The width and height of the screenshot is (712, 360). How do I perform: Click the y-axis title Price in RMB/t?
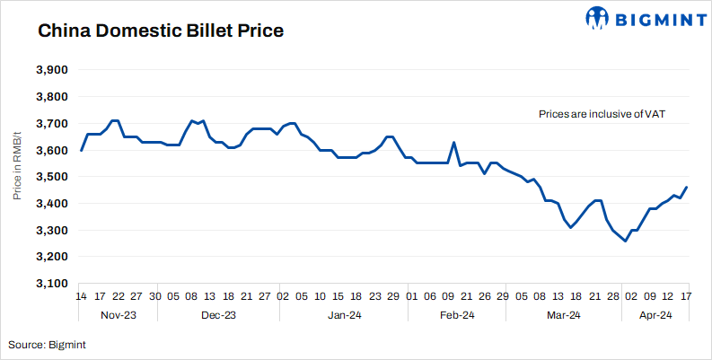tap(17, 177)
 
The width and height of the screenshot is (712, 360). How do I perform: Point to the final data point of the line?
tap(687, 188)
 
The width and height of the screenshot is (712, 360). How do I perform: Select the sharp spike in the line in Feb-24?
tap(453, 142)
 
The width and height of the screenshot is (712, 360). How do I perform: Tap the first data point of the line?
tap(81, 150)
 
